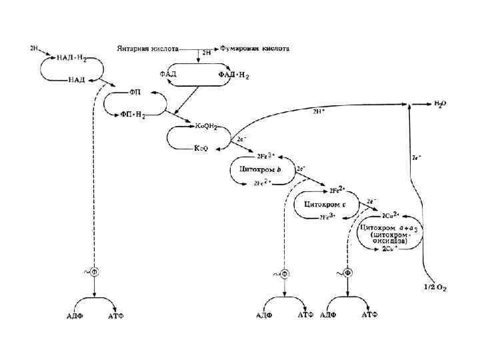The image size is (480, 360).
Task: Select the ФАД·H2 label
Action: (233, 75)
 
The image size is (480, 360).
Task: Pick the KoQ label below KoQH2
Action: (201, 148)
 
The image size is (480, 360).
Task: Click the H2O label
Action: (441, 103)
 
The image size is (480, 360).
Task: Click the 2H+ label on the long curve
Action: (320, 111)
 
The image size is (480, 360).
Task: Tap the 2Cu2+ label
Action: (390, 216)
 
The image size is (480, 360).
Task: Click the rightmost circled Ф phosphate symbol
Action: (347, 273)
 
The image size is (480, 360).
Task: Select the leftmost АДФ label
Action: (75, 313)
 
